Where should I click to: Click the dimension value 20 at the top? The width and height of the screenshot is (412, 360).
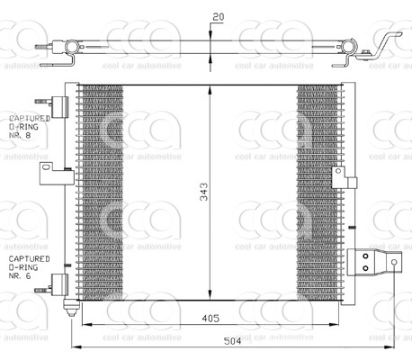(x=218, y=15)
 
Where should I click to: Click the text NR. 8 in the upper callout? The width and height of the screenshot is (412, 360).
(x=20, y=139)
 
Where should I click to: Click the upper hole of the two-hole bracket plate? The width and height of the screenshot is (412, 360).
(x=365, y=256)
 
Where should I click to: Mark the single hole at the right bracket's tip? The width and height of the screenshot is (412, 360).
(x=395, y=262)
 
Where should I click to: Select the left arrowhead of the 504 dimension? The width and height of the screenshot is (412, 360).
(x=76, y=348)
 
